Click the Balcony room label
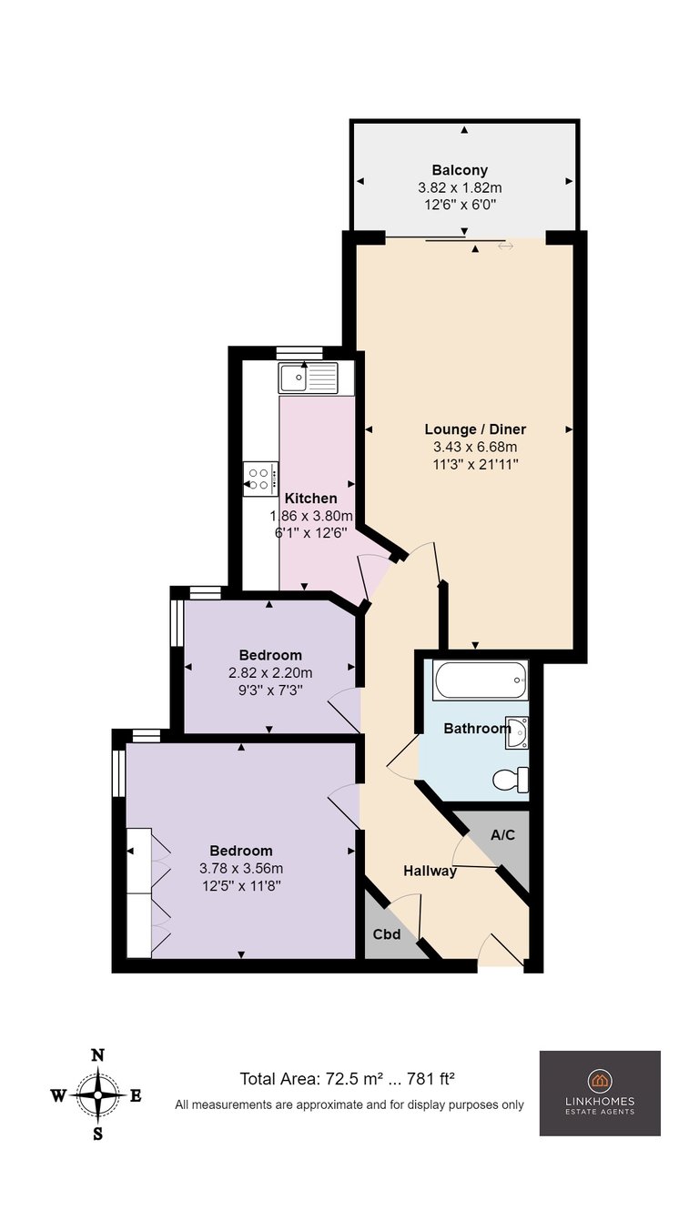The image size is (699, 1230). click(460, 170)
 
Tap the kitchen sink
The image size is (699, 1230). click(308, 378)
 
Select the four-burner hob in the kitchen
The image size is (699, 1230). click(260, 479)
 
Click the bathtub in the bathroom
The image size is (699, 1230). click(481, 680)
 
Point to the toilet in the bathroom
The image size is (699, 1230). click(511, 780)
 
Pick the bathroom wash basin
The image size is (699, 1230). click(517, 732)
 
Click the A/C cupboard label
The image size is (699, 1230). click(502, 835)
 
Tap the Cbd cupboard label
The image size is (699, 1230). click(387, 934)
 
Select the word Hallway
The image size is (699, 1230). click(430, 871)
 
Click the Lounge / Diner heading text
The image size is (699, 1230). click(475, 429)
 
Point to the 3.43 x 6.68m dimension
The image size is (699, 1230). click(475, 447)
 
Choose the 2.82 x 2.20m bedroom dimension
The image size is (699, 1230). click(270, 672)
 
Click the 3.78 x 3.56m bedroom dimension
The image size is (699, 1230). click(241, 868)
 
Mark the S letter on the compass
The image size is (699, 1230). click(97, 1134)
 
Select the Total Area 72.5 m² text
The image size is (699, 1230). click(311, 1079)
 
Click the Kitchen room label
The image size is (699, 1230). click(311, 499)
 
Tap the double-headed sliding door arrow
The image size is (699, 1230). click(505, 247)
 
